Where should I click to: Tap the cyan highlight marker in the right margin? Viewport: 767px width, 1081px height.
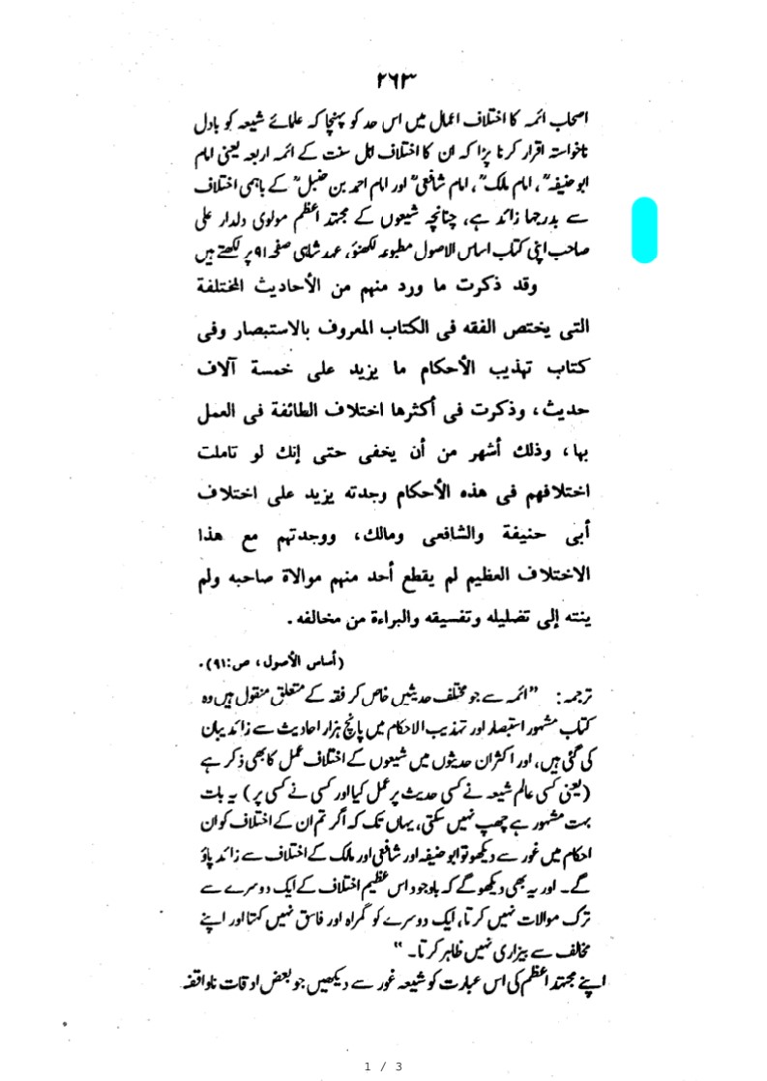point(645,229)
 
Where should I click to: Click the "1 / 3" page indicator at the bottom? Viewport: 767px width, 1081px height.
point(383,1066)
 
